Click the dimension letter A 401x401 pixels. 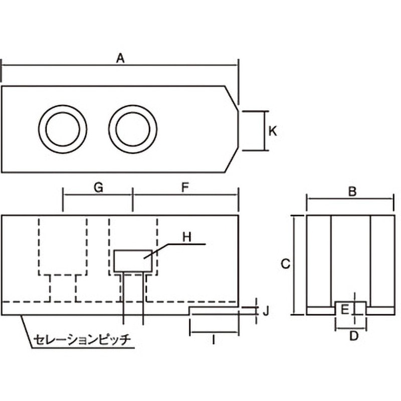click(120, 58)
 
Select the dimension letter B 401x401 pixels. click(352, 191)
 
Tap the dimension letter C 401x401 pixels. click(284, 264)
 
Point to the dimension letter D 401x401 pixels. click(353, 336)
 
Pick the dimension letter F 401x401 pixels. click(184, 187)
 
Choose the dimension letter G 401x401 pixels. click(98, 187)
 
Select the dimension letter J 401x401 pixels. click(266, 311)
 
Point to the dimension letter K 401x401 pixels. click(273, 131)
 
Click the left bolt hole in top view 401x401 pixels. click(63, 128)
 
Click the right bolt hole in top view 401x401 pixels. click(133, 128)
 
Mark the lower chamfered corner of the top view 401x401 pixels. click(231, 161)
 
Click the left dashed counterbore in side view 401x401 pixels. click(63, 247)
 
